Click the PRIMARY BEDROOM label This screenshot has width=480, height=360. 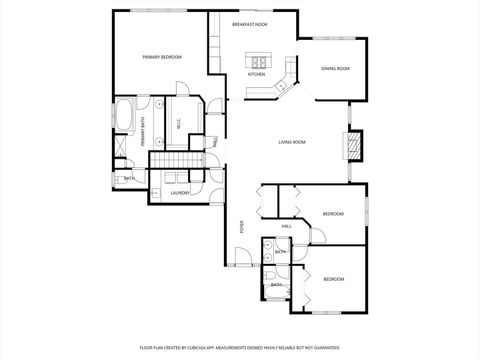(x=161, y=57)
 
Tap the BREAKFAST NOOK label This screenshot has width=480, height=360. (x=249, y=24)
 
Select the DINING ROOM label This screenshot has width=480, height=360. (x=335, y=68)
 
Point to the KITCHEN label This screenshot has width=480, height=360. (x=256, y=74)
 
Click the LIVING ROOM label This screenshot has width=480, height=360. (x=291, y=142)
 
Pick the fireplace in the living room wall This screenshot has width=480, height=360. (x=352, y=145)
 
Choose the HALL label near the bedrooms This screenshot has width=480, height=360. (x=286, y=227)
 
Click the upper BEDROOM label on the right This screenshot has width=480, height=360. (x=333, y=214)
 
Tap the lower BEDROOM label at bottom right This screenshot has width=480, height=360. (x=333, y=278)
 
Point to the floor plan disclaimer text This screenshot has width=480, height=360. (x=239, y=347)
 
